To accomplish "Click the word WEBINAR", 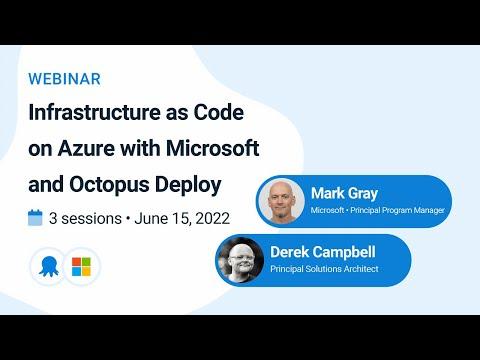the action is point(64,79).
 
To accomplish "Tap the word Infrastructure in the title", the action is point(94,112).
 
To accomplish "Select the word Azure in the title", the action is point(86,148).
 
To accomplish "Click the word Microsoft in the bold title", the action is point(213,148).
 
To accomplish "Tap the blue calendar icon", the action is point(35,218).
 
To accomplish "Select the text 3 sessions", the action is point(85,219).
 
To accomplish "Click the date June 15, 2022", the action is point(182,219).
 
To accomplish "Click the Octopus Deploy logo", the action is point(49,267).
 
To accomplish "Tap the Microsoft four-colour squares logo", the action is point(81,267).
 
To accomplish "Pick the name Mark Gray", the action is point(344,194).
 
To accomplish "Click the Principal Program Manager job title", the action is point(397,211).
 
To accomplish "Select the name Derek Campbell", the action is point(323,252).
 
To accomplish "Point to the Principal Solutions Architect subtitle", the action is point(324,269).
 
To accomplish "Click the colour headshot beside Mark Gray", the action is point(282,201).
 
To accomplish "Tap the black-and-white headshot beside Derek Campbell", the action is point(241,260).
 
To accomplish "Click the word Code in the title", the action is point(219,112).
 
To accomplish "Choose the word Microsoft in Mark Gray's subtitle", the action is point(327,211).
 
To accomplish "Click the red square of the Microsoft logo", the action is point(76,262).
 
